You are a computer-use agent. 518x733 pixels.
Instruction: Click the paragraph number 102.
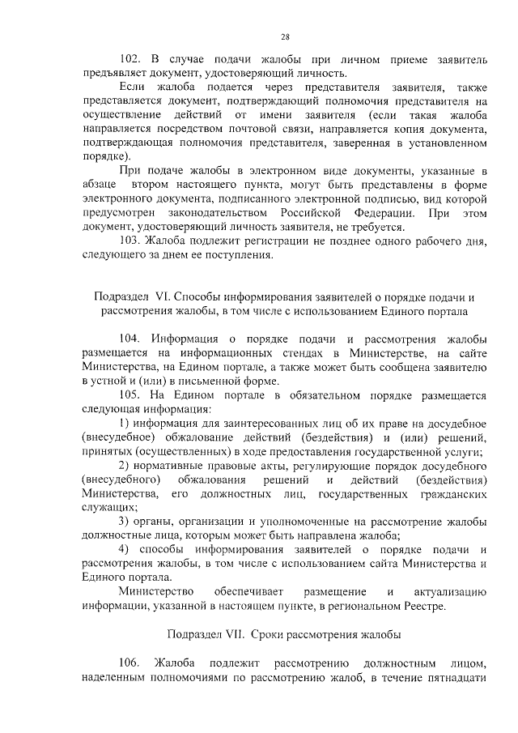130,59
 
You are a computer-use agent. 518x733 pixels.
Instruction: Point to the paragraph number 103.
130,242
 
